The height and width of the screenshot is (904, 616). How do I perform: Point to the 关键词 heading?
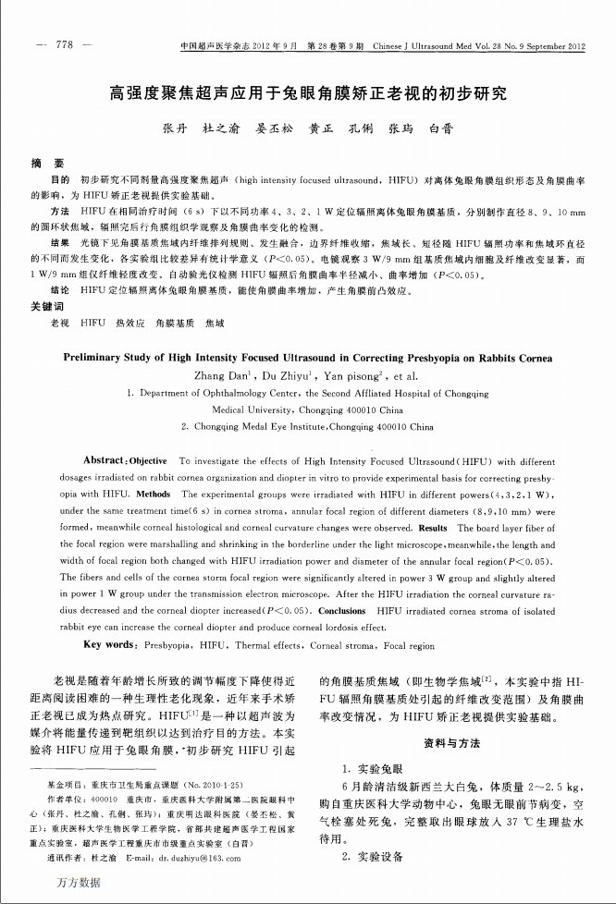pos(47,306)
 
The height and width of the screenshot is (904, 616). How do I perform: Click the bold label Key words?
pos(114,645)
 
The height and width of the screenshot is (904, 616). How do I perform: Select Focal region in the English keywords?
pos(409,645)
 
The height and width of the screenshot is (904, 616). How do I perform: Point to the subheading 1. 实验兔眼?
pos(373,768)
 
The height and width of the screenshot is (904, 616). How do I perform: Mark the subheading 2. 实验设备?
pos(373,857)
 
